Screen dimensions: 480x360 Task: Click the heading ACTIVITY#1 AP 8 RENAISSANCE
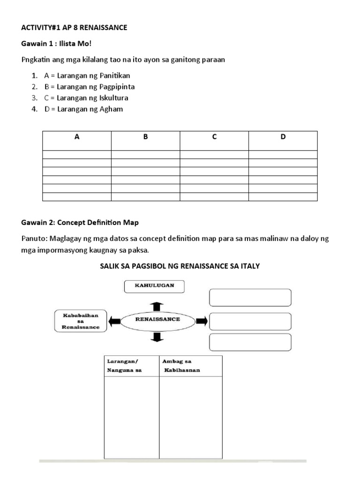[74, 28]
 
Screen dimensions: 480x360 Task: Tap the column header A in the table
[77, 137]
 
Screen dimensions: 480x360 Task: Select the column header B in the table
[145, 137]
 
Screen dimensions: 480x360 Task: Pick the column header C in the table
[214, 137]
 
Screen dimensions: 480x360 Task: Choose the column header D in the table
[283, 137]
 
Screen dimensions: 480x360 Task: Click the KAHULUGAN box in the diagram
[155, 285]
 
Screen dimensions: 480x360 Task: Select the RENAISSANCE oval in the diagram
[157, 320]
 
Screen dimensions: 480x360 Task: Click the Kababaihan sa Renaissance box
[81, 321]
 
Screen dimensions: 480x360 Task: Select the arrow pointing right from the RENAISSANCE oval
[201, 321]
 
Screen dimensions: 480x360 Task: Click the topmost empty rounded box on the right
[250, 297]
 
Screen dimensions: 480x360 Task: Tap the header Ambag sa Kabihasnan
[182, 366]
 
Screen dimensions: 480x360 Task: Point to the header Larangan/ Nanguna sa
[125, 366]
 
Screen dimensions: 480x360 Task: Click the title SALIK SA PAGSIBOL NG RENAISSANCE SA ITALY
[180, 266]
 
